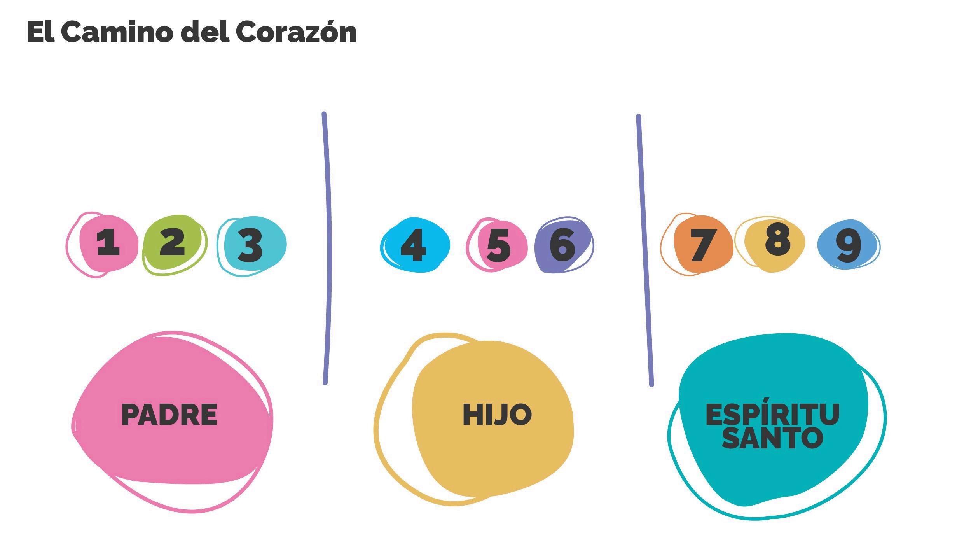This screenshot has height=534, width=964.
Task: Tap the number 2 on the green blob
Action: (172, 242)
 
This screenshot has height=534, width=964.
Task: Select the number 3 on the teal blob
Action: (250, 245)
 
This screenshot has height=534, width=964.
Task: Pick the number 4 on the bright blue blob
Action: (413, 245)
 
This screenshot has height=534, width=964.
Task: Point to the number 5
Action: (498, 245)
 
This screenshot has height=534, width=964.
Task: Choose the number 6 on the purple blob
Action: (562, 245)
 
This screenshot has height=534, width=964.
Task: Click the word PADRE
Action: (169, 415)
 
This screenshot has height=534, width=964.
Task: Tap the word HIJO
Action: (497, 415)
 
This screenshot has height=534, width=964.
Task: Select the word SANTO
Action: (773, 437)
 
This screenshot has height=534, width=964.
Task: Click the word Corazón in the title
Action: (296, 31)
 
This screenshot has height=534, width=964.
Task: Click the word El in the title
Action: (41, 32)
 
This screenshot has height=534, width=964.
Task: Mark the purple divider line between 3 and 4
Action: (327, 249)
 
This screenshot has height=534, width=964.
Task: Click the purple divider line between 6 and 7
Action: (645, 250)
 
